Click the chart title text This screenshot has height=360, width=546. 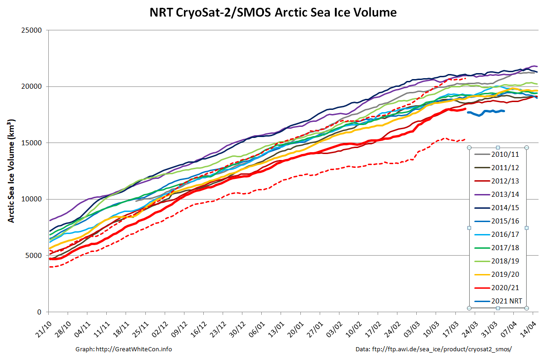coord(273,12)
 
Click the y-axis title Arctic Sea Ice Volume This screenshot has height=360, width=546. coord(11,171)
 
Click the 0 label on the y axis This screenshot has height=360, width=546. coord(40,312)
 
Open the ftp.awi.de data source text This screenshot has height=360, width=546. coord(441,349)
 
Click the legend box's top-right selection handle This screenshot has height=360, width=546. coord(527,148)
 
